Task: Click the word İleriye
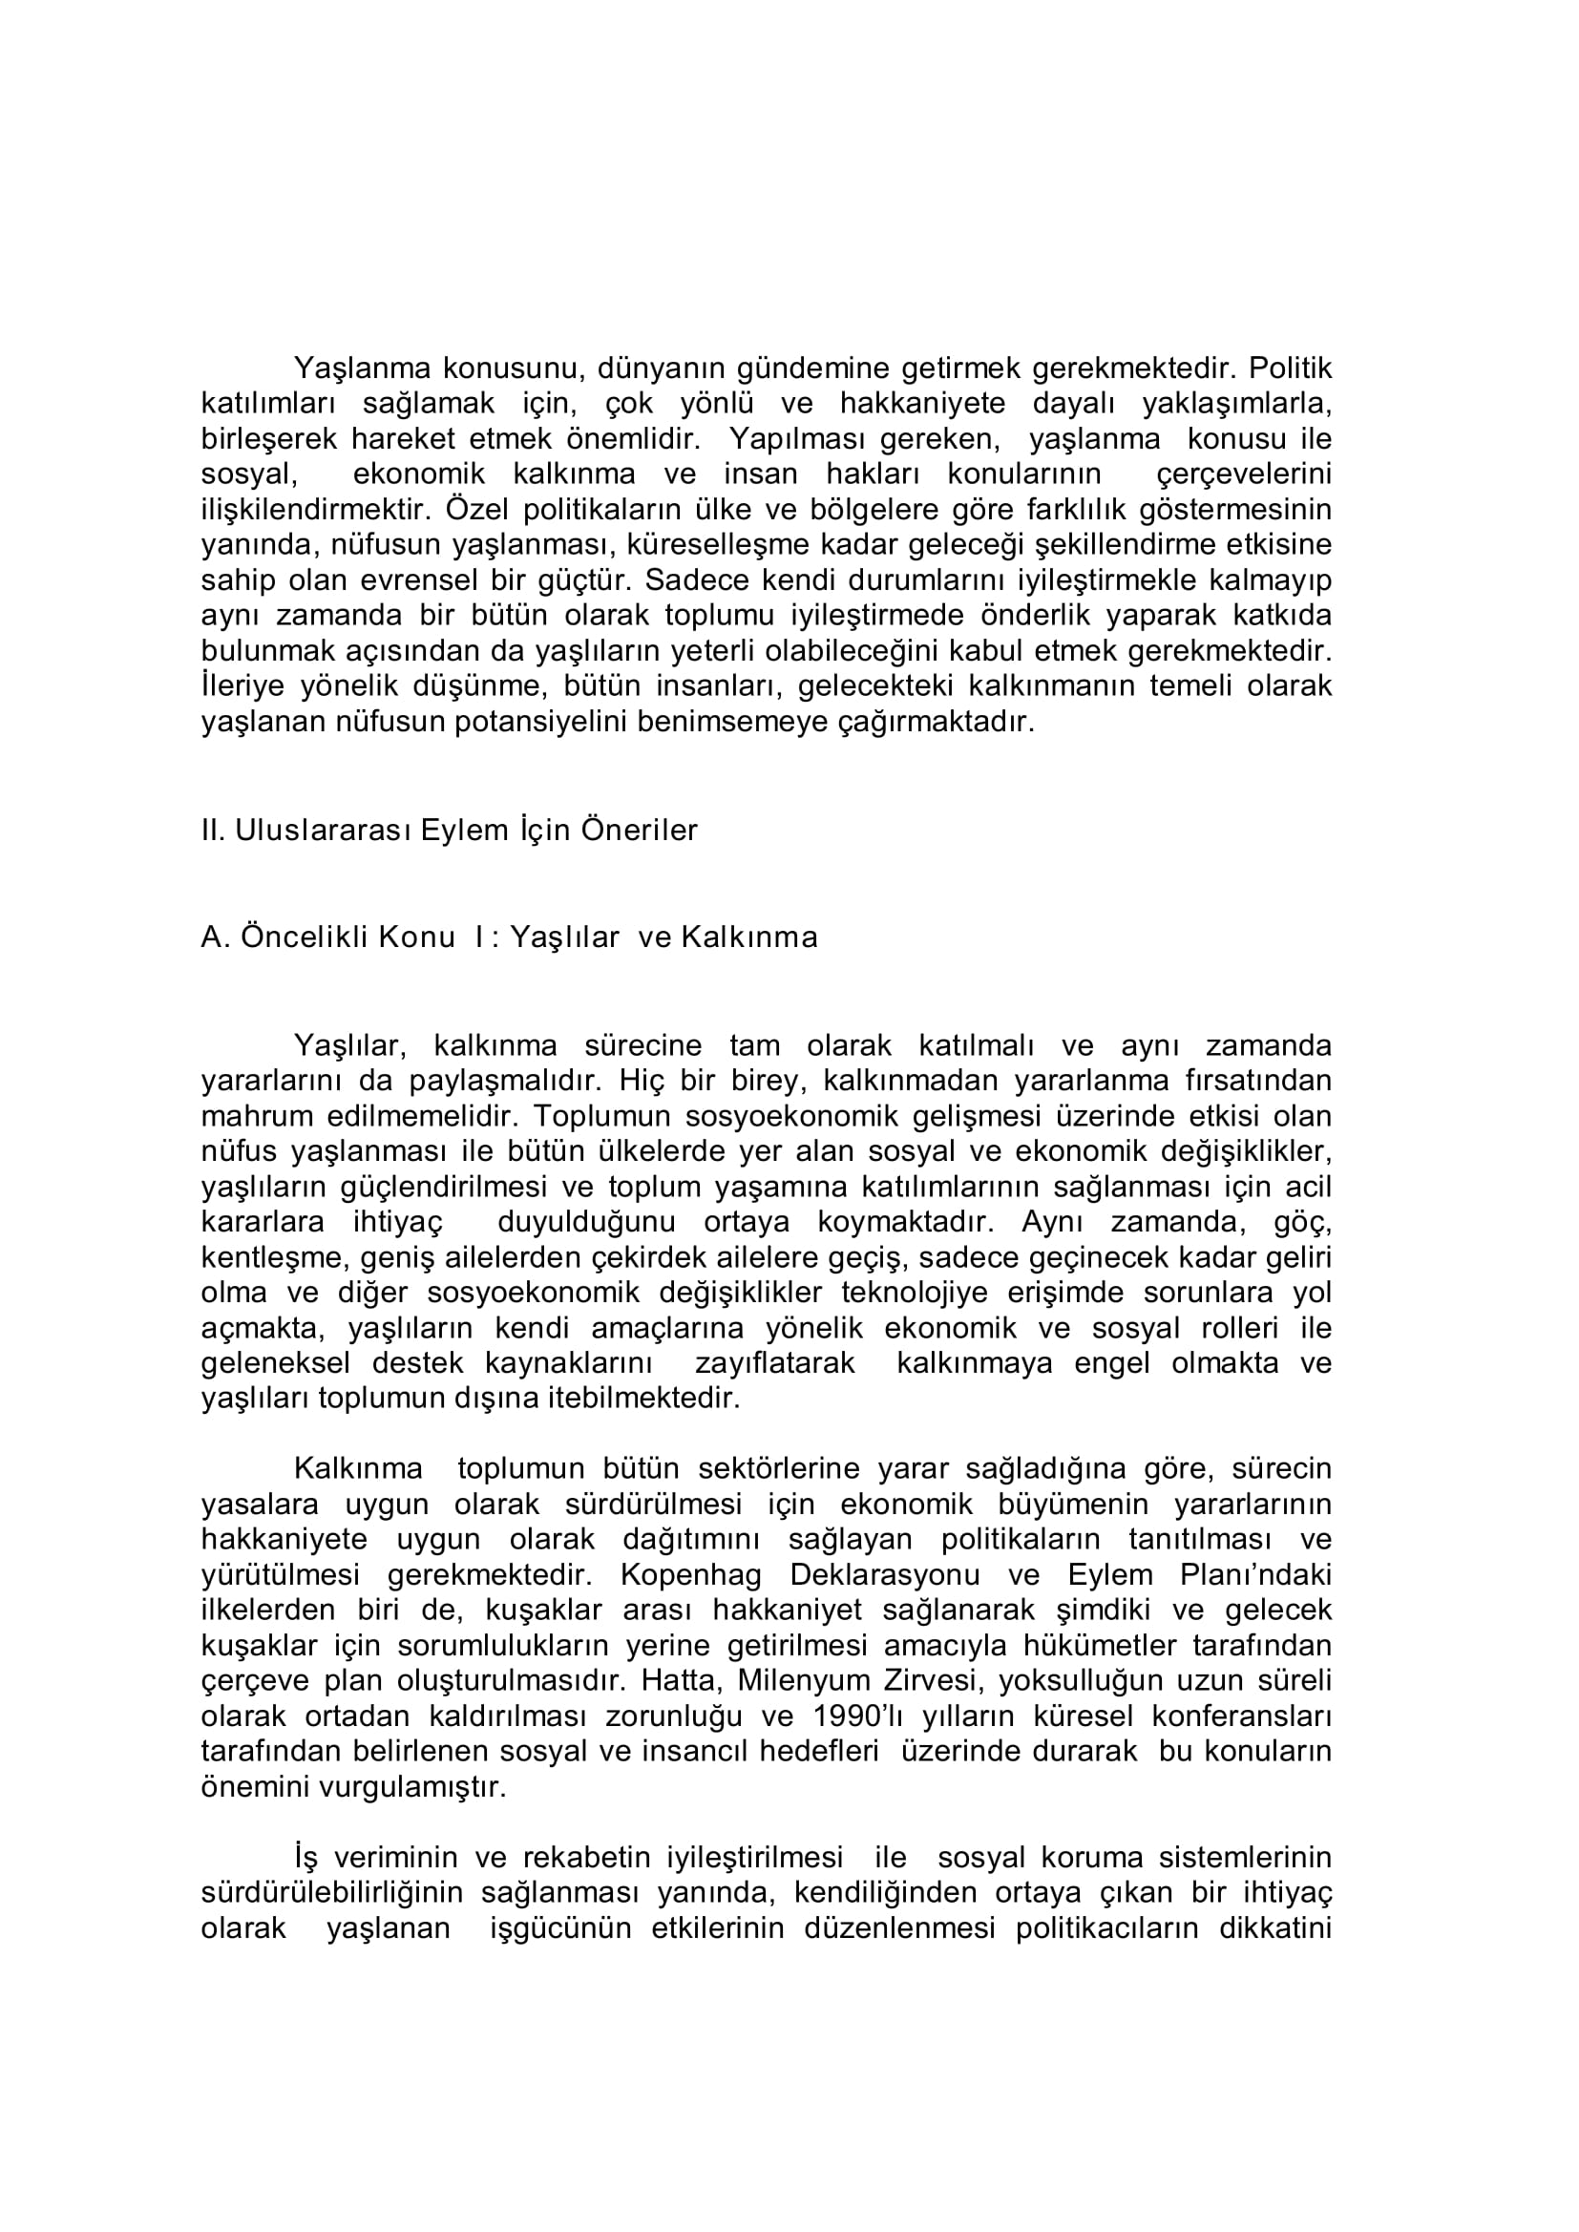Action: (x=242, y=686)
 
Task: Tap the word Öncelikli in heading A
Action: (x=304, y=937)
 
